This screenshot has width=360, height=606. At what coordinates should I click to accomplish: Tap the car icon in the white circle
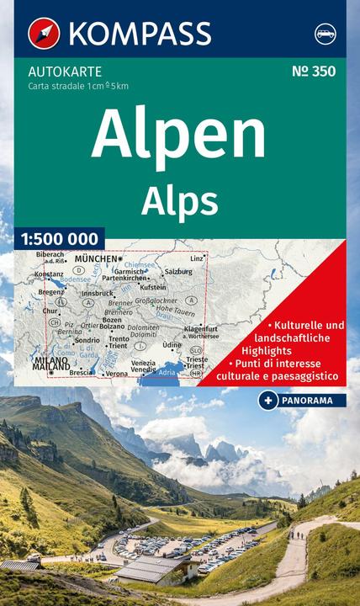pyautogui.click(x=326, y=35)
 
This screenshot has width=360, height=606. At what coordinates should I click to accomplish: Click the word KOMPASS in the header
pyautogui.click(x=140, y=34)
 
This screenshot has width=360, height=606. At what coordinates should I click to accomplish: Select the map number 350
pyautogui.click(x=314, y=72)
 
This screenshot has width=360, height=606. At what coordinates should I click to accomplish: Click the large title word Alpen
pyautogui.click(x=178, y=133)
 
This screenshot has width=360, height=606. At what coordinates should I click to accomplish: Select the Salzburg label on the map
pyautogui.click(x=178, y=272)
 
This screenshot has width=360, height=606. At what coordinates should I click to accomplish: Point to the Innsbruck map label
pyautogui.click(x=98, y=293)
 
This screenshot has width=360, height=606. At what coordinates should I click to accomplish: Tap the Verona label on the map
pyautogui.click(x=117, y=373)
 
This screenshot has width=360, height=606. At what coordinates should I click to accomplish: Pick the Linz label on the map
pyautogui.click(x=197, y=258)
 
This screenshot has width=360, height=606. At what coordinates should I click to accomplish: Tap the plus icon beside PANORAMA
pyautogui.click(x=267, y=400)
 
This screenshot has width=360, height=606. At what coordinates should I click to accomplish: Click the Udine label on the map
pyautogui.click(x=172, y=345)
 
